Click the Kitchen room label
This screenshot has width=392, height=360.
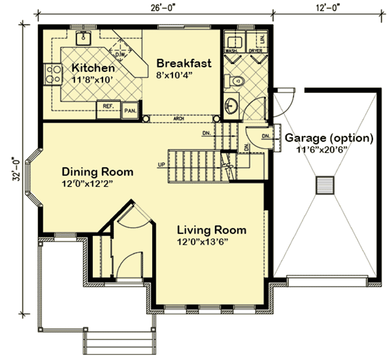93,68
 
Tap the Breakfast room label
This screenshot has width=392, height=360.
184,63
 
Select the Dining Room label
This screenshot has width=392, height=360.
97,171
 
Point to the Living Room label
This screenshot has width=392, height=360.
212,230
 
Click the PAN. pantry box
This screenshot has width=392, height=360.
130,110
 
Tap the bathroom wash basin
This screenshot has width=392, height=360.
234,105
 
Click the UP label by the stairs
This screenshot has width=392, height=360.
161,165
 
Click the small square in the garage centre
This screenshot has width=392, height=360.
324,185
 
